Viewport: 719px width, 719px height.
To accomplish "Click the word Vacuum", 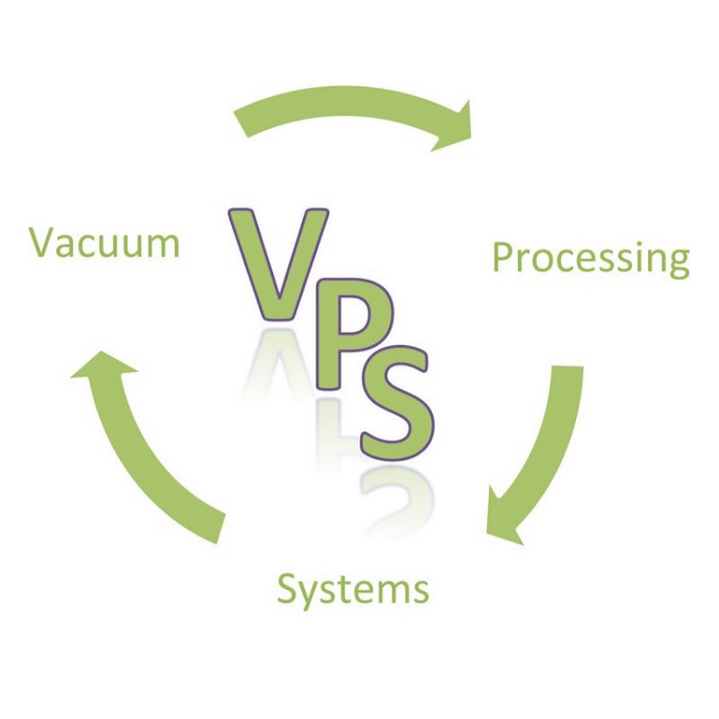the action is [x=105, y=243].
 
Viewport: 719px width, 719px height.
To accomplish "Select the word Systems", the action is [x=353, y=590].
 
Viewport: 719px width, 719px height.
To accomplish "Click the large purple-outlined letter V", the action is [x=279, y=264].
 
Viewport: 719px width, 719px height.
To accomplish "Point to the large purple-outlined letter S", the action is [x=397, y=403].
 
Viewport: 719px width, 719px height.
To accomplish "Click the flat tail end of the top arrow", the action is [x=241, y=124].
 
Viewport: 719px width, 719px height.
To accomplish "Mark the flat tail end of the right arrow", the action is [x=568, y=367].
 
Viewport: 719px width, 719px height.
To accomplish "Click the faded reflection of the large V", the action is [x=277, y=362].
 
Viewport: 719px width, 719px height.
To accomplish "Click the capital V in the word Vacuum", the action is [x=43, y=243].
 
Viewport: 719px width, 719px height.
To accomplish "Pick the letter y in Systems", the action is [x=311, y=596].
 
